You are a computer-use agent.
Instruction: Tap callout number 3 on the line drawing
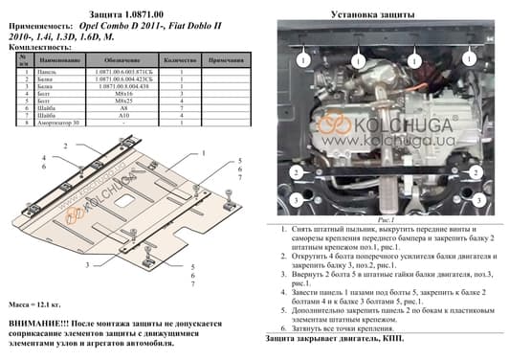tap(87, 264)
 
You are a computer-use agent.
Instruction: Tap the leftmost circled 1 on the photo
tap(302, 60)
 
